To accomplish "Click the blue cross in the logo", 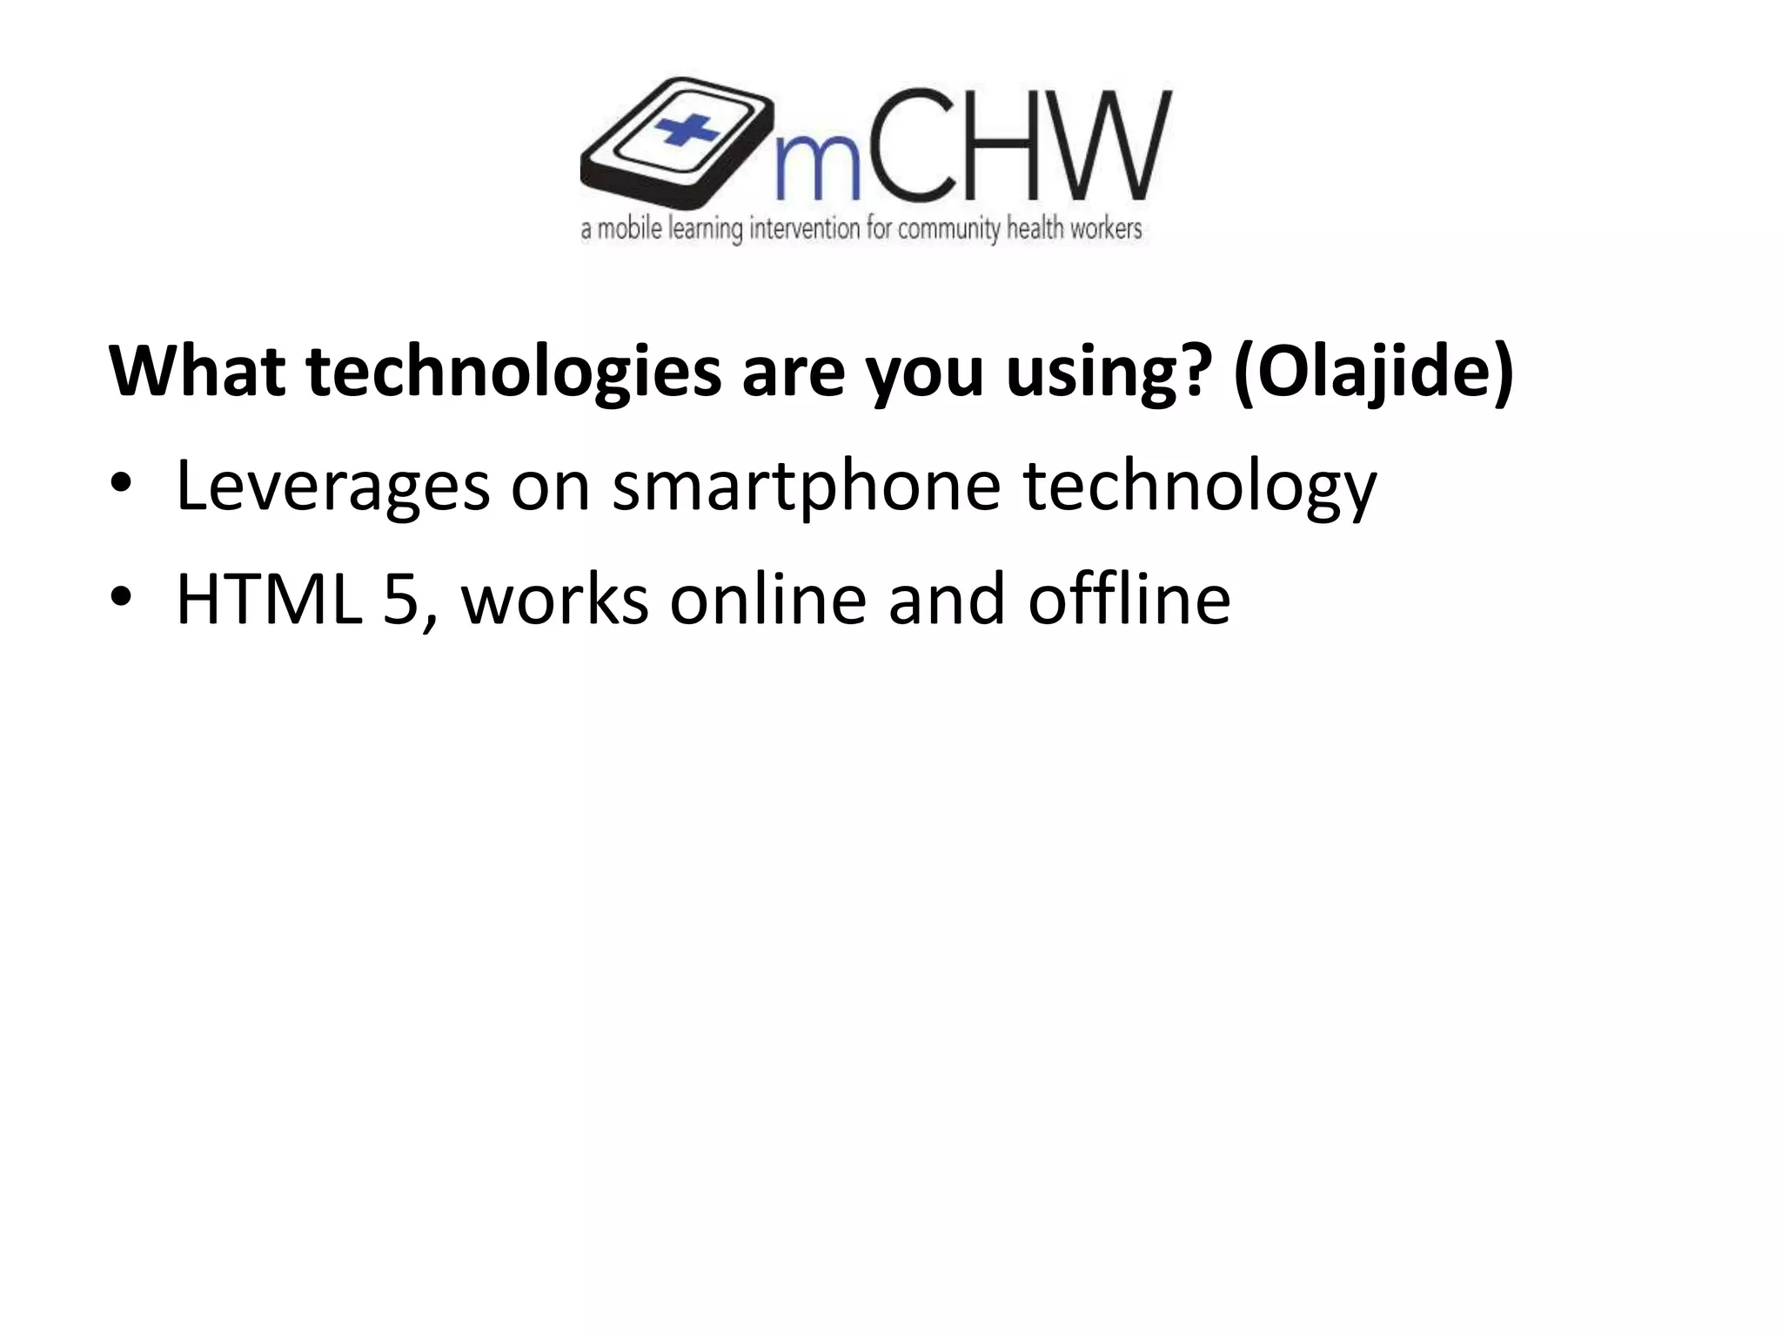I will tap(687, 131).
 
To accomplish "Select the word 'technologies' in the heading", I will tap(513, 372).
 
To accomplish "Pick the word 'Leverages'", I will tap(332, 487).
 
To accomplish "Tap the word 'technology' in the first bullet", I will tap(1199, 487).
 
